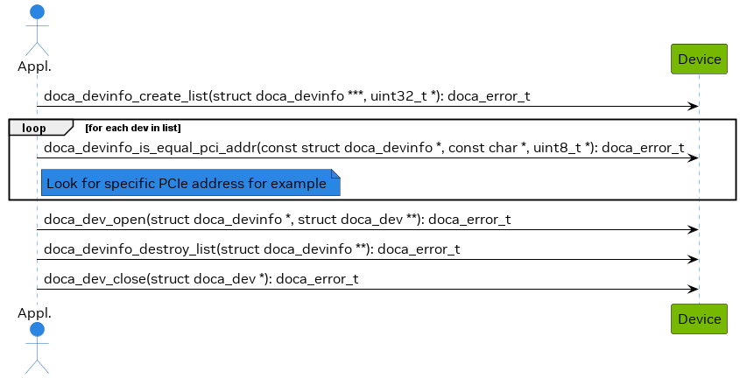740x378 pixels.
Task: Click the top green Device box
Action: (699, 59)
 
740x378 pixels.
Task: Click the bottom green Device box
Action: (699, 319)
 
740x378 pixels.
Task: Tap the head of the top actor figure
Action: (37, 12)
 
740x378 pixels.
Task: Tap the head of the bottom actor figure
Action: (37, 330)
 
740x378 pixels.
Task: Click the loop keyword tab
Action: (34, 129)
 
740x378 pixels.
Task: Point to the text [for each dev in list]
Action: (133, 129)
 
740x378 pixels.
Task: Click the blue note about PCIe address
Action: (189, 184)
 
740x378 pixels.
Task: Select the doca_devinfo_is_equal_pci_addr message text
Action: (363, 148)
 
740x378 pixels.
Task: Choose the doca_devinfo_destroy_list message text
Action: (252, 249)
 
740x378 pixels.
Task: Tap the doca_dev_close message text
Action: (201, 279)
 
